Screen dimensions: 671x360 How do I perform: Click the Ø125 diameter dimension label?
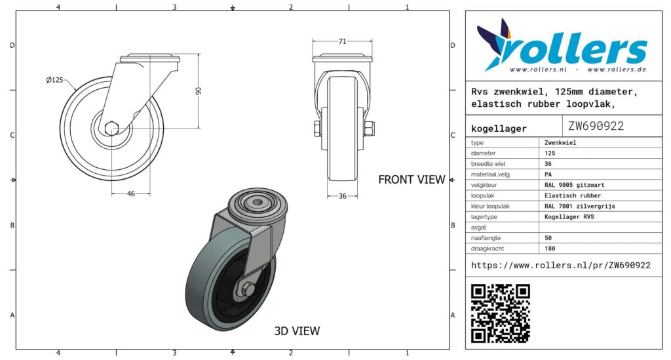(x=54, y=80)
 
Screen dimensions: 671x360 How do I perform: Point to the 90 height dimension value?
(x=198, y=90)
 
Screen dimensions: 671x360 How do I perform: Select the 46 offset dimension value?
(x=131, y=193)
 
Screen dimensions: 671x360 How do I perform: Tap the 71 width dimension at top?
(x=342, y=41)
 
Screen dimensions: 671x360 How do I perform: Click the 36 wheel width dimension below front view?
(x=342, y=196)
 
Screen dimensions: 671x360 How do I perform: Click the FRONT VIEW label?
(x=412, y=180)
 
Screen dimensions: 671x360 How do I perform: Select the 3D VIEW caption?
(x=297, y=331)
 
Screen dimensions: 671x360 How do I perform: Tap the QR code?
(x=500, y=313)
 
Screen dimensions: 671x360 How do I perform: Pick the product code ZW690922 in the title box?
(x=596, y=126)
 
